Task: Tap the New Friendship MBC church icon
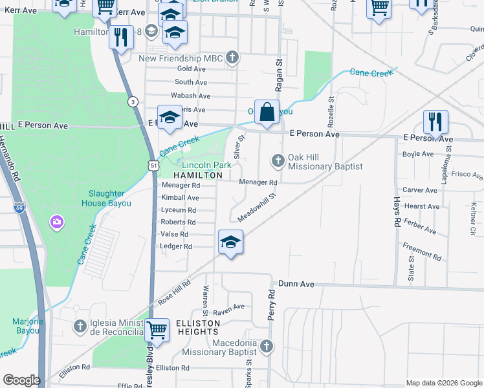click(232, 58)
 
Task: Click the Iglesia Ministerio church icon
click(80, 327)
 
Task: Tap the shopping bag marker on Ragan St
click(267, 113)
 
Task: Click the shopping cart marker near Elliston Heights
click(157, 330)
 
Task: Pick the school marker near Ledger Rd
click(230, 242)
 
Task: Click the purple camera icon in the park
click(57, 223)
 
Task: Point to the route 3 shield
click(132, 102)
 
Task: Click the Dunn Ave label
click(296, 284)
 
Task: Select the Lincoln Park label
click(206, 166)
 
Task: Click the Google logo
click(21, 380)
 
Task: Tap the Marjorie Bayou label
click(27, 327)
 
